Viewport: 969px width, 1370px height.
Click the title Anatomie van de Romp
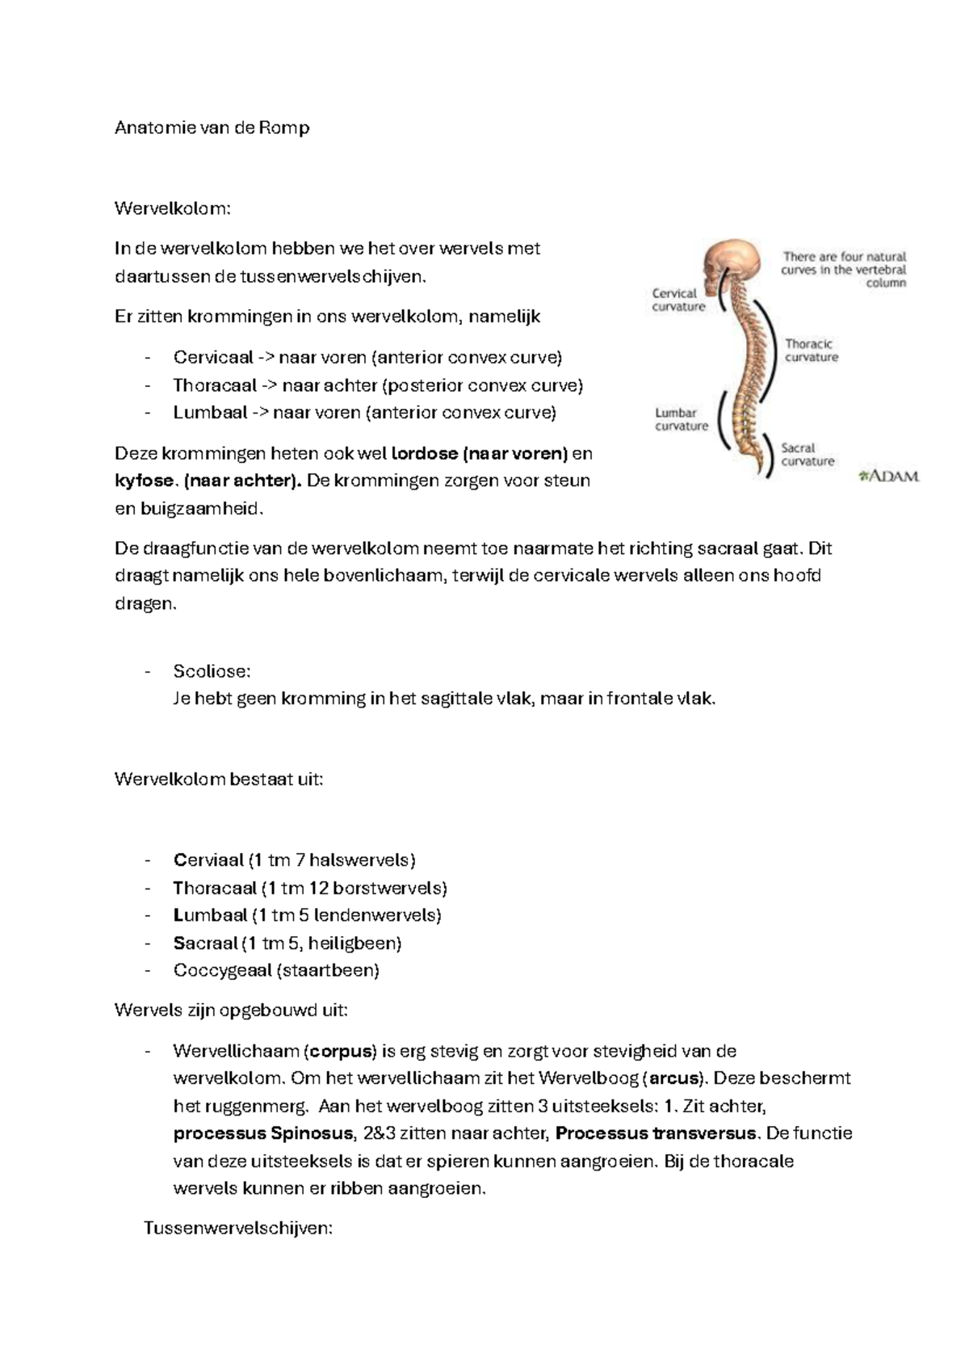coord(212,128)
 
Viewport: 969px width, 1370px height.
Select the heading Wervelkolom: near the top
coord(173,208)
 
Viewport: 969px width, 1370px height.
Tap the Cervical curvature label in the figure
coord(677,300)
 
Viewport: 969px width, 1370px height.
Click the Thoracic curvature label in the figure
coord(811,351)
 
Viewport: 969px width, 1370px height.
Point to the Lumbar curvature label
coord(681,419)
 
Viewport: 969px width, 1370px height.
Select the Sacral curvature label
coord(807,454)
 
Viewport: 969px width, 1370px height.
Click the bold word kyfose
coord(144,481)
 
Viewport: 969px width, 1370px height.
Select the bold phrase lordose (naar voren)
coord(480,453)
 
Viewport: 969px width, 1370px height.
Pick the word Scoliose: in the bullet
coord(212,671)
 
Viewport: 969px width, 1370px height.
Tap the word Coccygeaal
coord(222,970)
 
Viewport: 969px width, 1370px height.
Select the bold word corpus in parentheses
coord(343,1052)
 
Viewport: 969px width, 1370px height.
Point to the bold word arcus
coord(674,1078)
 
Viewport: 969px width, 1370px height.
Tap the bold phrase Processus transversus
coord(656,1133)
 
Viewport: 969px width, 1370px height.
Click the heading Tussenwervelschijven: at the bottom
coord(238,1229)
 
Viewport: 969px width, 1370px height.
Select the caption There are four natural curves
coord(844,269)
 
